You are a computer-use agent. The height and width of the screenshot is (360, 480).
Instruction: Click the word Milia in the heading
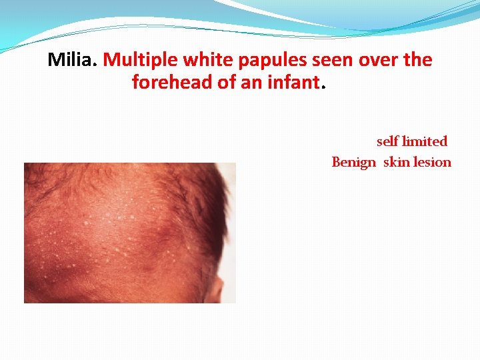(71, 60)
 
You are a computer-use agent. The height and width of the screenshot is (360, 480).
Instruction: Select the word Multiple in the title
(135, 60)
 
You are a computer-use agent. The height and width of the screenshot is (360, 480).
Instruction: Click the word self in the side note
(387, 141)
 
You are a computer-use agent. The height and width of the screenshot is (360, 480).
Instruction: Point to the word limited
(425, 141)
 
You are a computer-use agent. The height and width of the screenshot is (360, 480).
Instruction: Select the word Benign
(354, 162)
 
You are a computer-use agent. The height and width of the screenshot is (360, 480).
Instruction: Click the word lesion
(433, 162)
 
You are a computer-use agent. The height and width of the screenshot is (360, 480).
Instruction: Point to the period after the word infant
(324, 88)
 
